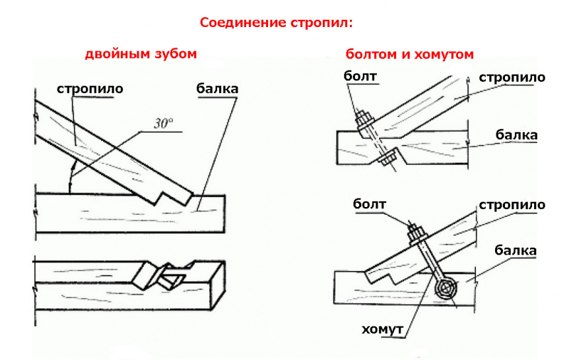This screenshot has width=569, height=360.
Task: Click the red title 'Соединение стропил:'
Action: pos(276,22)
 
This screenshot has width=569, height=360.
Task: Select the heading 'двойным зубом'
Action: pos(141,54)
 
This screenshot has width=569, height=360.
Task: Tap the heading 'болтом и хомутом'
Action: pos(410,54)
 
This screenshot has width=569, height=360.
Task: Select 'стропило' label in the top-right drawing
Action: pos(512,77)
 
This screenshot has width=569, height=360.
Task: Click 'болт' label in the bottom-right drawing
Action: pos(369,205)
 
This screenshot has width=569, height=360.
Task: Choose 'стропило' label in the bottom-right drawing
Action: pos(512,205)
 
